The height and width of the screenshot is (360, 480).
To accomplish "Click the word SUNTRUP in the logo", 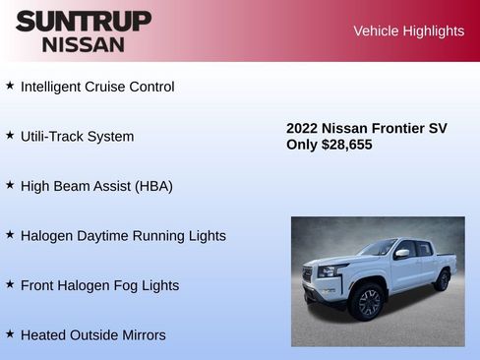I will click(x=84, y=21).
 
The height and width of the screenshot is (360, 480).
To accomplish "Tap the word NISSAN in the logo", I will click(x=84, y=44).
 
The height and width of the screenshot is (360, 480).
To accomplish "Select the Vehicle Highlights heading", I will click(x=408, y=31).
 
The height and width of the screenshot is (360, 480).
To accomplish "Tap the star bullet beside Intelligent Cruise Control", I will click(x=10, y=86).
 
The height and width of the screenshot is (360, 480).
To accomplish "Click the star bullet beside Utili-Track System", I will click(x=10, y=135).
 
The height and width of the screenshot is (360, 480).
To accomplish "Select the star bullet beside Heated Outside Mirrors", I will click(x=10, y=333).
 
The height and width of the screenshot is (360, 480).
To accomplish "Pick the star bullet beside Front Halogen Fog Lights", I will click(x=10, y=284).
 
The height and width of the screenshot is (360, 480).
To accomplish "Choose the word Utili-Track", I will click(x=55, y=136).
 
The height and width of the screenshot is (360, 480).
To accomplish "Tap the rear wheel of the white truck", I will click(x=442, y=280).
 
